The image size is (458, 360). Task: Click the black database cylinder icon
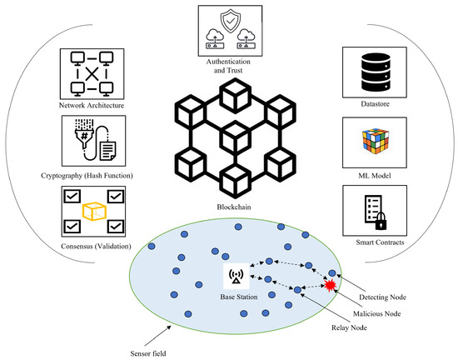pos(372,67)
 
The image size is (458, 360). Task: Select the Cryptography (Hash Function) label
pos(92,176)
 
